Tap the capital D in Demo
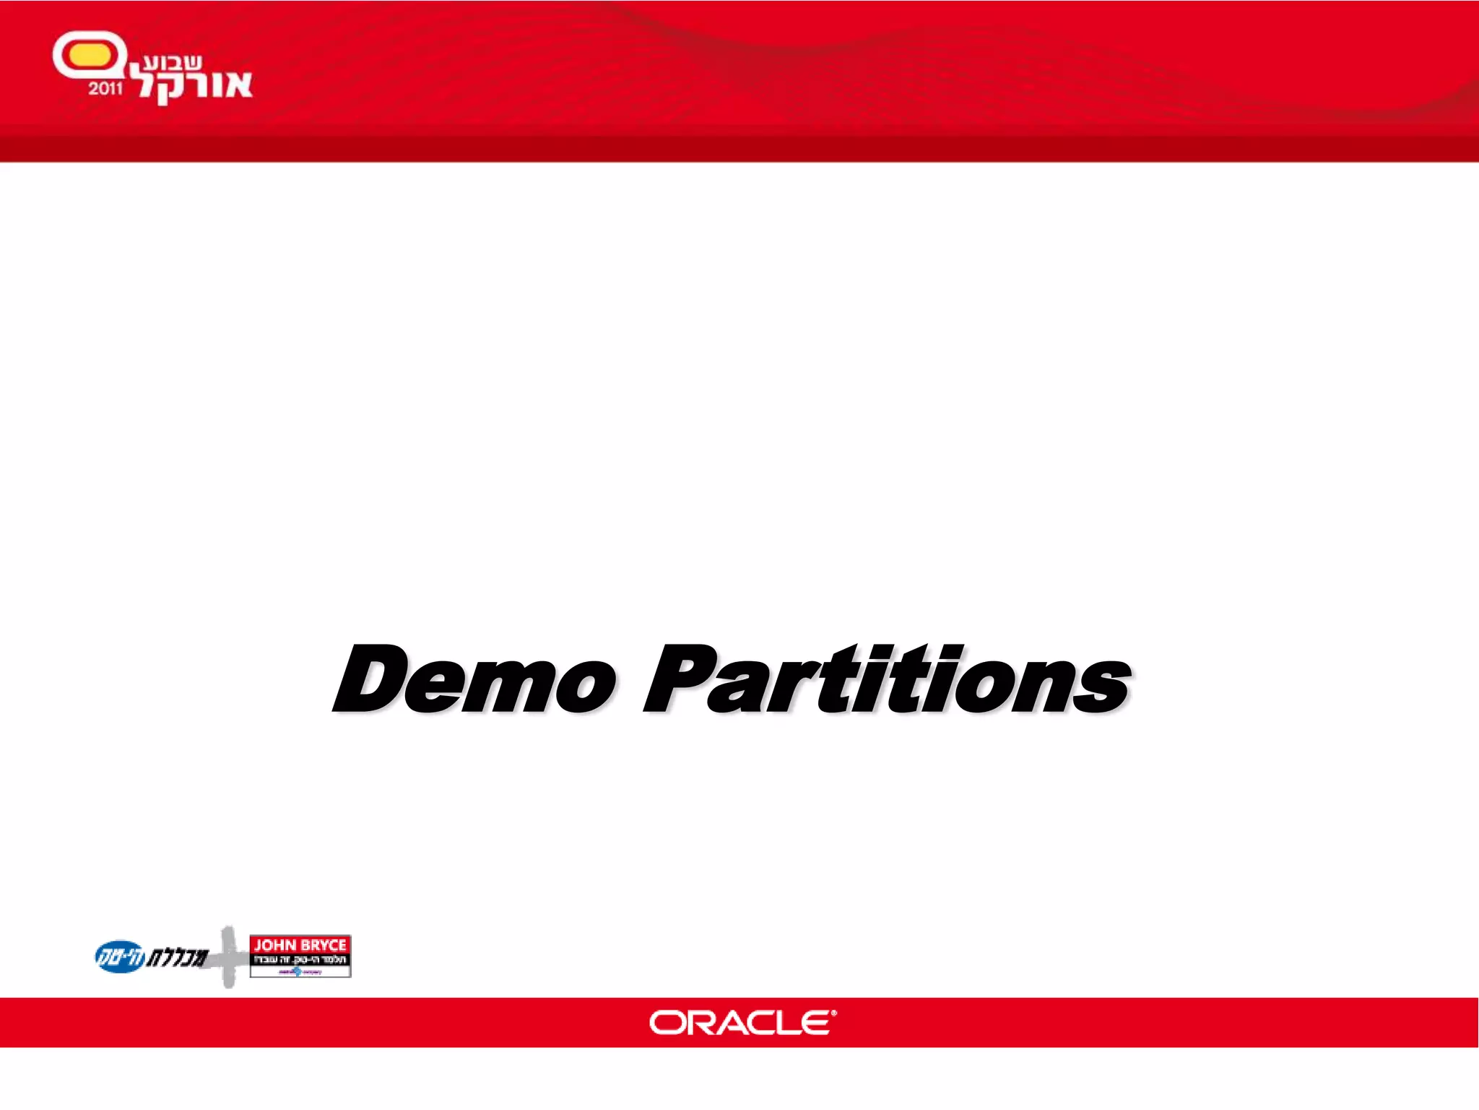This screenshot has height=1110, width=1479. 368,679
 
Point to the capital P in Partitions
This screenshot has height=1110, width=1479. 679,679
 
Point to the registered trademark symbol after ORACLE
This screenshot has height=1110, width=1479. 834,1014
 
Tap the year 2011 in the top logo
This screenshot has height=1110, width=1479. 105,89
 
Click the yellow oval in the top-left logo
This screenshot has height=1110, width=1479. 86,56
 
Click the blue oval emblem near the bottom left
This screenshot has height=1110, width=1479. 120,957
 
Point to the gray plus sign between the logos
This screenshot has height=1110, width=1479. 228,957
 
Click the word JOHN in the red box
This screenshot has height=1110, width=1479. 275,945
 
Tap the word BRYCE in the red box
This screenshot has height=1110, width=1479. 323,945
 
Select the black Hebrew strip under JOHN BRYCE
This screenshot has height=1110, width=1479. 300,960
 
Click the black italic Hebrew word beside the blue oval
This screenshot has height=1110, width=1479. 178,958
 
